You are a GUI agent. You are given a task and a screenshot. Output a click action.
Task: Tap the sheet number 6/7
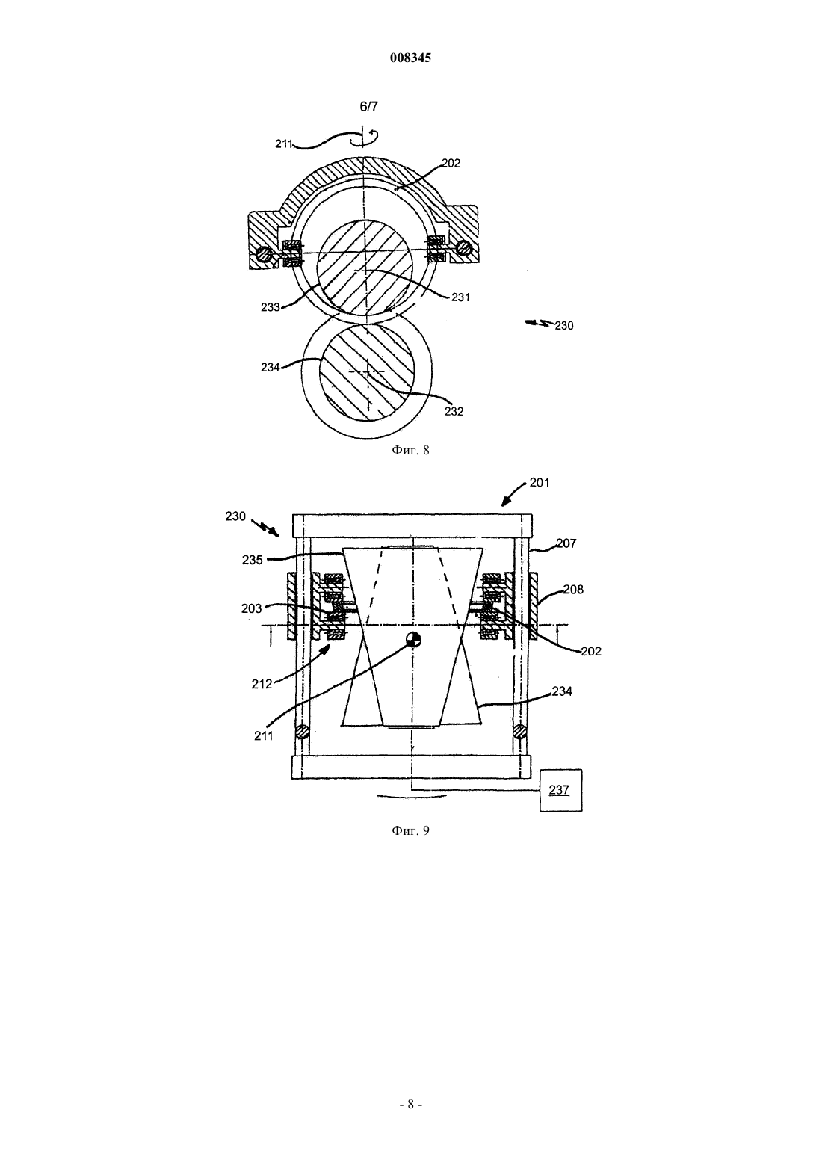[x=369, y=107]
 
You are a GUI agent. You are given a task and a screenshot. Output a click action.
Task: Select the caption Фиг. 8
[x=410, y=450]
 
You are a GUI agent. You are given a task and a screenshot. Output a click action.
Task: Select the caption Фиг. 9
[x=410, y=830]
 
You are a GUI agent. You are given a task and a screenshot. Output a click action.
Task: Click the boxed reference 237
[x=560, y=790]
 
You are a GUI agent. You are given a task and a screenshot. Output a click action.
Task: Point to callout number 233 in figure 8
[x=271, y=307]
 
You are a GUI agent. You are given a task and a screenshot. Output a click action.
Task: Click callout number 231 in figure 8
[x=461, y=297]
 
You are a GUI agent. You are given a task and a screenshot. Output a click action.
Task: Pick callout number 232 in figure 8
[x=454, y=411]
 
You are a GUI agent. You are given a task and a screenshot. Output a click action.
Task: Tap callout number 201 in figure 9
[x=540, y=483]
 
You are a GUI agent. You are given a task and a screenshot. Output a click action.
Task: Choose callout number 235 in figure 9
[x=253, y=561]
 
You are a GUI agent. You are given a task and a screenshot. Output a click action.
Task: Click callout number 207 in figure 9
[x=566, y=543]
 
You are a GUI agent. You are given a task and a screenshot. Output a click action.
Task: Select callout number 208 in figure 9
[x=573, y=590]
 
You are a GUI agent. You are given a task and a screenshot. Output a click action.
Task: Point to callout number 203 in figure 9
[x=252, y=608]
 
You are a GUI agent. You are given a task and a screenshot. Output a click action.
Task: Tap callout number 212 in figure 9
[x=262, y=685]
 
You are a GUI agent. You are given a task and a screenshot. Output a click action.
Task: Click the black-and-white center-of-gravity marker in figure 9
[x=413, y=640]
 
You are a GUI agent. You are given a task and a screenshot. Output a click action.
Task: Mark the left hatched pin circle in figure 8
[x=264, y=254]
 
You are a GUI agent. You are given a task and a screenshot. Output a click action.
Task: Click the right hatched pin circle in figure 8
[x=463, y=249]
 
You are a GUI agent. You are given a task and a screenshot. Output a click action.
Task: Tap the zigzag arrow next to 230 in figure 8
[x=539, y=324]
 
